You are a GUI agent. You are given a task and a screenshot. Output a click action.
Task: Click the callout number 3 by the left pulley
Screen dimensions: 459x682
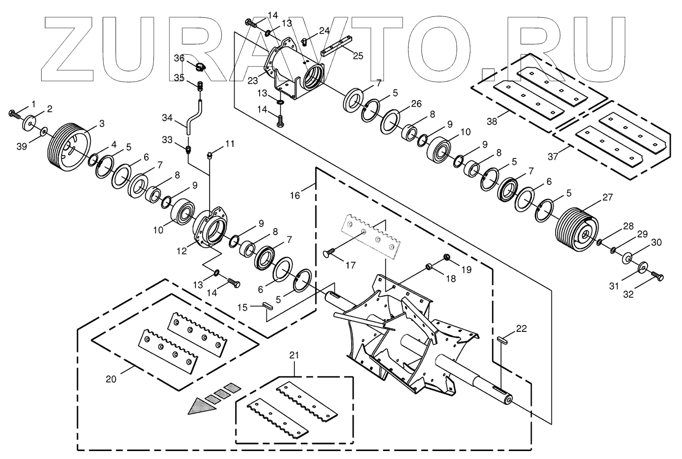pyautogui.click(x=102, y=123)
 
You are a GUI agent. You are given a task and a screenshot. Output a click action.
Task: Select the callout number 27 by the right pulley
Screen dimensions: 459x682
pyautogui.click(x=607, y=197)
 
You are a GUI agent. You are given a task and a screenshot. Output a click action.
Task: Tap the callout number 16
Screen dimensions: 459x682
pyautogui.click(x=295, y=195)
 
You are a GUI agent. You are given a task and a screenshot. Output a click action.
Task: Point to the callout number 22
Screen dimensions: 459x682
pyautogui.click(x=522, y=329)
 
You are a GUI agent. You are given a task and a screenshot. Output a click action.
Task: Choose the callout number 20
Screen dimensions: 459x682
pyautogui.click(x=110, y=379)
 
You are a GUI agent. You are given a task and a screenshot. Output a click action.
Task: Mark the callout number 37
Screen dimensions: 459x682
pyautogui.click(x=553, y=157)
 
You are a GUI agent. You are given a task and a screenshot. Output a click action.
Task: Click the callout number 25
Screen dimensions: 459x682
pyautogui.click(x=358, y=56)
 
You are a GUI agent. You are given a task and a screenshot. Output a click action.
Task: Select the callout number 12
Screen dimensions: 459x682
pyautogui.click(x=181, y=251)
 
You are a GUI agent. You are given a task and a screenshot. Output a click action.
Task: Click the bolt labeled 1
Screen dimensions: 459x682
pyautogui.click(x=15, y=113)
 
